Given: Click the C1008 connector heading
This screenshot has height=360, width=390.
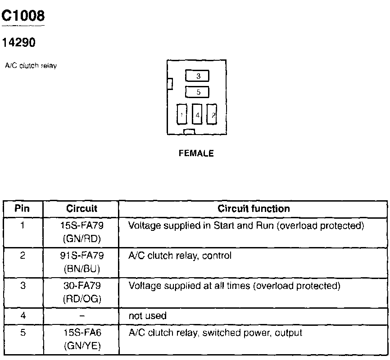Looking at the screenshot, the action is tap(23, 16).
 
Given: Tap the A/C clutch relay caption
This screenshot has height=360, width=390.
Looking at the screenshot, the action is tap(30, 66).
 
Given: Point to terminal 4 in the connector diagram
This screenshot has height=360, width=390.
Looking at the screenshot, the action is tap(197, 115).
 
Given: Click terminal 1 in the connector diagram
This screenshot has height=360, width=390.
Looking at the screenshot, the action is tap(182, 115).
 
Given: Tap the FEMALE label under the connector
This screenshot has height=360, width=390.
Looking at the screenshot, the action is tap(196, 153).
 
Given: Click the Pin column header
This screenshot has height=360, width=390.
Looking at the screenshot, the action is tap(22, 209).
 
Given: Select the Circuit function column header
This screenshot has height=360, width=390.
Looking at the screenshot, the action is tap(254, 209).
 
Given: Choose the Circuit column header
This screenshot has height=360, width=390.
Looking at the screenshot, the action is tap(82, 209).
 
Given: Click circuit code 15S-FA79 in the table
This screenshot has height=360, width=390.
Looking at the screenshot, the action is tap(82, 225).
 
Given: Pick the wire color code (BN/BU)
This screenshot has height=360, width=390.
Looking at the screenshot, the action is tap(82, 269).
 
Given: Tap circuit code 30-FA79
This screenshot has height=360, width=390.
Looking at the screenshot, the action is tap(82, 286).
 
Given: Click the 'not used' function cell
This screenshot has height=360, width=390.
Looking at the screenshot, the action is tap(147, 316).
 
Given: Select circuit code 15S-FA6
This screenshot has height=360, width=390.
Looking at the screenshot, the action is tap(82, 333).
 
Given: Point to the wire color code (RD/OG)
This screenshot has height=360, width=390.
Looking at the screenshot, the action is tap(82, 299).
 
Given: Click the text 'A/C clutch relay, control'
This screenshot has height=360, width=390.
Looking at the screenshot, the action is tap(180, 256).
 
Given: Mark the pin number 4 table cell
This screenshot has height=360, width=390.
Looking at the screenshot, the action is tap(22, 316).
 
